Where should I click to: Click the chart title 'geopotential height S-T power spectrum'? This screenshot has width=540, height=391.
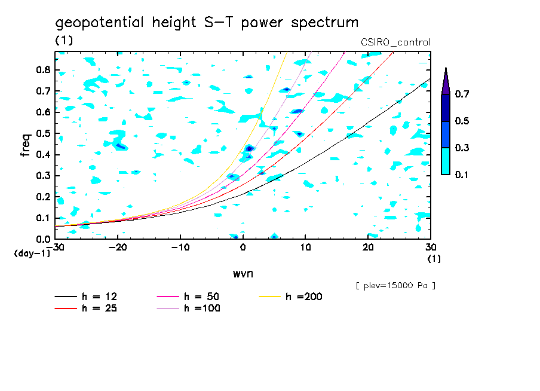click(x=207, y=23)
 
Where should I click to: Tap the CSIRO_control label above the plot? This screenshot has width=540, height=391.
click(x=395, y=42)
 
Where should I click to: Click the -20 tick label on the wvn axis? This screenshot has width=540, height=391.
click(x=118, y=248)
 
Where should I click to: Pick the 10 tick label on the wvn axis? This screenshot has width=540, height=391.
click(x=305, y=248)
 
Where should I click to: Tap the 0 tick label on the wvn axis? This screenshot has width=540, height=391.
click(x=243, y=248)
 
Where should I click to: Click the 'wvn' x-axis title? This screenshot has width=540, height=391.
click(x=242, y=273)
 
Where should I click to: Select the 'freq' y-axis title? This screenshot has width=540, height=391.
click(x=26, y=145)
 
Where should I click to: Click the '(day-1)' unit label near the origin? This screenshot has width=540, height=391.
click(x=28, y=253)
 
